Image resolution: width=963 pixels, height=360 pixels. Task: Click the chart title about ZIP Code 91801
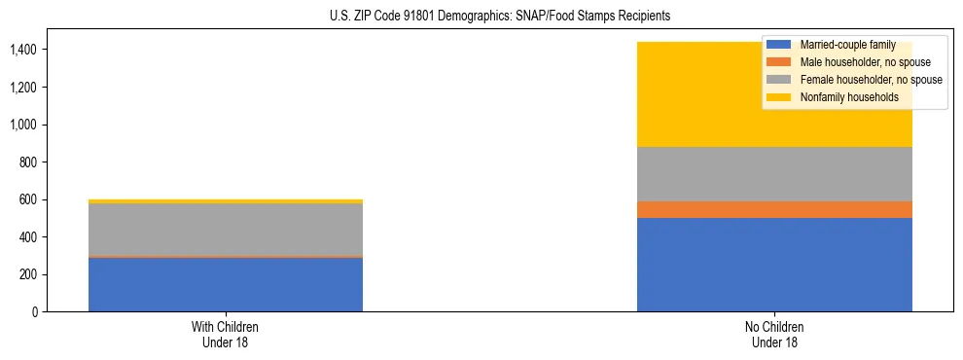pos(481,17)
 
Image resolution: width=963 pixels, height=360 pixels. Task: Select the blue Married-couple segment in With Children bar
pos(226,284)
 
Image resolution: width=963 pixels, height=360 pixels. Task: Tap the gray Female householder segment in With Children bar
pos(226,230)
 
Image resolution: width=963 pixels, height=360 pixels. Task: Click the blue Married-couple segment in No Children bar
pos(774,265)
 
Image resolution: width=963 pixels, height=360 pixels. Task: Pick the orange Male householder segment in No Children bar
pos(774,209)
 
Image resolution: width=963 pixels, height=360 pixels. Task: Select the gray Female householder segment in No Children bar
pos(774,174)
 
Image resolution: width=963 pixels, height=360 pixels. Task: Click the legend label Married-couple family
pos(846,45)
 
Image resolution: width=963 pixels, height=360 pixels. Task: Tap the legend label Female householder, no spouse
pos(869,80)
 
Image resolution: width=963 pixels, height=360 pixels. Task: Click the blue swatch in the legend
pos(778,45)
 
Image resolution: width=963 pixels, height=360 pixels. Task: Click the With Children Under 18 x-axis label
pos(226,335)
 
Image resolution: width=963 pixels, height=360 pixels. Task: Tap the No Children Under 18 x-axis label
pos(774,335)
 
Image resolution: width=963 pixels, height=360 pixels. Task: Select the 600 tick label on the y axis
pos(30,199)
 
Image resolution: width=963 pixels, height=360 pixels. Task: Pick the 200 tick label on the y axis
pos(30,274)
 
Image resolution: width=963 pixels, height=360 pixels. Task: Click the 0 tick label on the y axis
pos(36,312)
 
